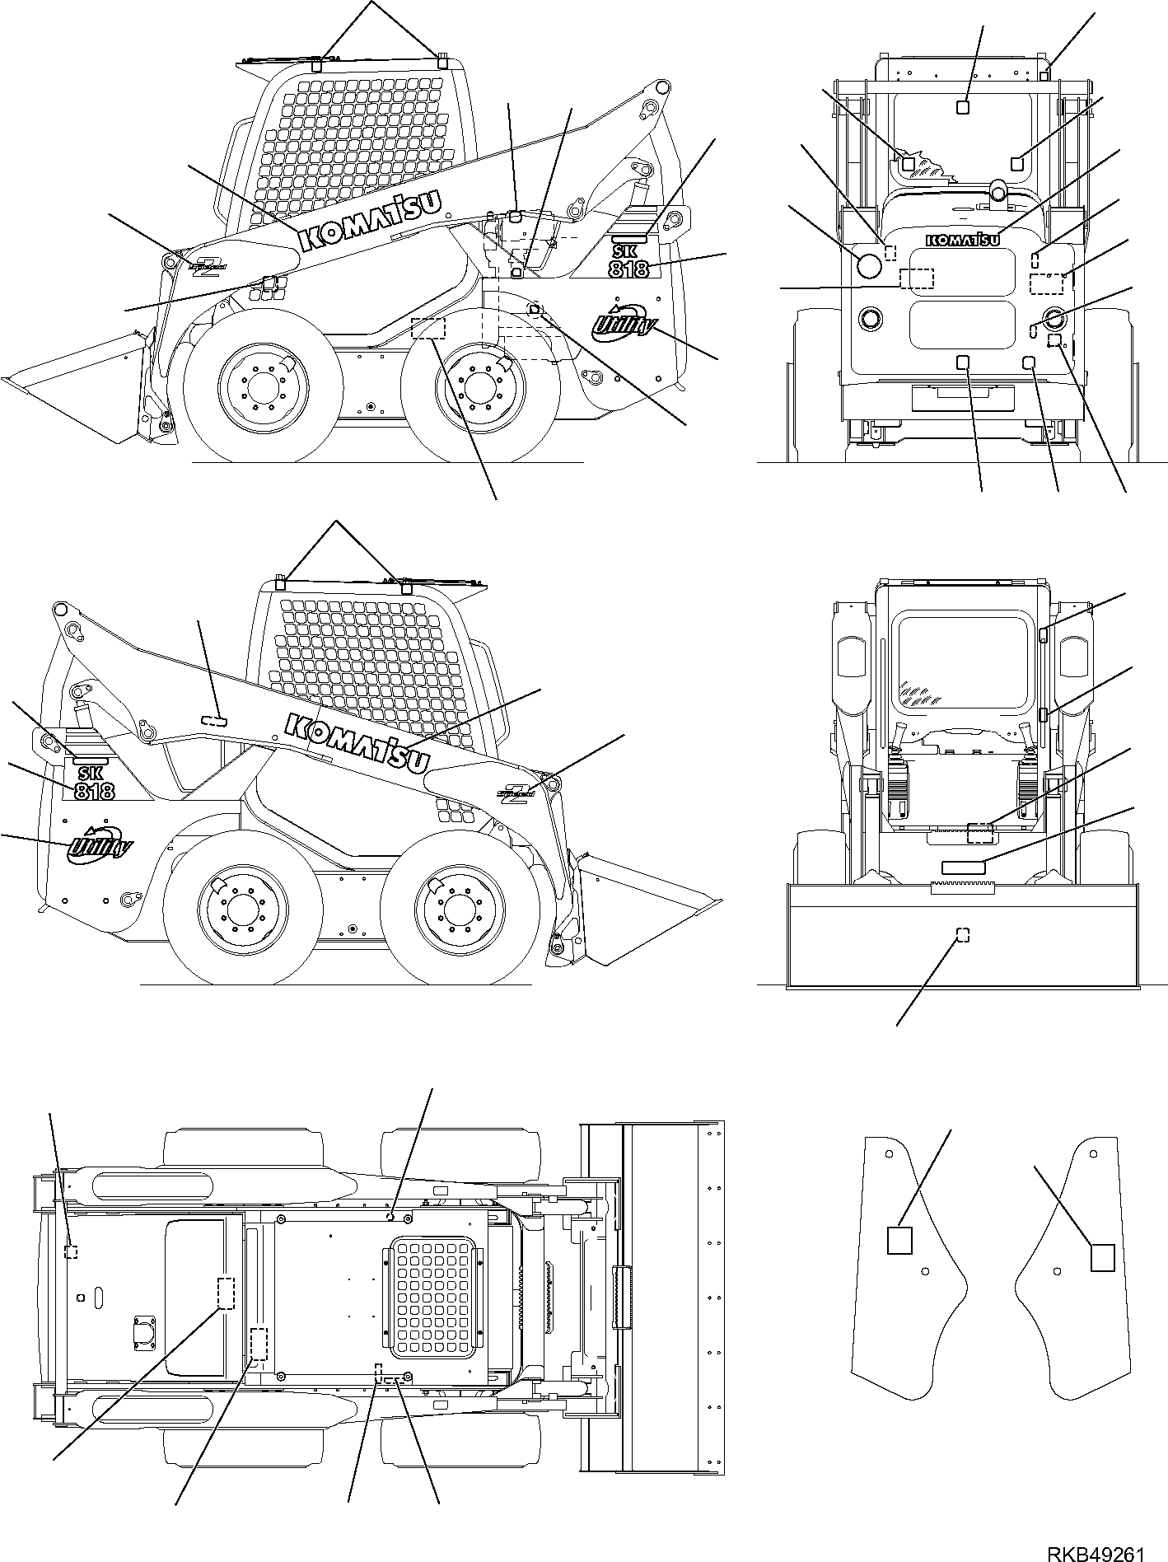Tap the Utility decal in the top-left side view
pos(623,318)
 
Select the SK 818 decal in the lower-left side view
pos(94,783)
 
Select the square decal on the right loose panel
pos(1102,1279)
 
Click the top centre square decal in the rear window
pos(963,106)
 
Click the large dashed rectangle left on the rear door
pos(917,279)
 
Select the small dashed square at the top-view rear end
pos(72,1251)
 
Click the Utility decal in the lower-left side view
pos(96,844)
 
